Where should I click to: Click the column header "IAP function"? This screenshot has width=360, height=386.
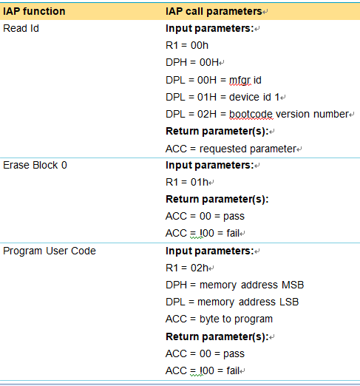click(34, 11)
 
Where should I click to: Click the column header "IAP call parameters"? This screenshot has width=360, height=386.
click(214, 11)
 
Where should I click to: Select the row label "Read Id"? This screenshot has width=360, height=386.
click(21, 28)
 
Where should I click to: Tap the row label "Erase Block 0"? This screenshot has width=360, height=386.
click(35, 165)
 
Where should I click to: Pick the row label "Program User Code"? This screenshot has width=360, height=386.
click(50, 251)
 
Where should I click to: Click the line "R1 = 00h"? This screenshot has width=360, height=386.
click(187, 45)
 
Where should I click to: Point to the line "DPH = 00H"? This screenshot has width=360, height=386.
click(192, 62)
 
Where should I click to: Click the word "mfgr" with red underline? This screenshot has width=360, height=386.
click(240, 81)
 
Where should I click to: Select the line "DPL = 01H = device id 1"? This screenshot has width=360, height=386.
click(223, 97)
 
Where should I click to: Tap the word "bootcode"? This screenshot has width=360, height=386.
click(251, 115)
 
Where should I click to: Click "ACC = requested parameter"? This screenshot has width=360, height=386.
click(231, 149)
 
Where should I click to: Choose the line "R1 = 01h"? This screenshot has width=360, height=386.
click(187, 183)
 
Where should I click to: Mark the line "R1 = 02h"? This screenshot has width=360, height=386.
click(187, 268)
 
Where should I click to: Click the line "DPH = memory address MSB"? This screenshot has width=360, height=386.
click(235, 285)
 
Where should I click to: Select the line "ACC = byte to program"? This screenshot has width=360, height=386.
click(220, 319)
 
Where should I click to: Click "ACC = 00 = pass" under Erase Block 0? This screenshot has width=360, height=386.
click(205, 217)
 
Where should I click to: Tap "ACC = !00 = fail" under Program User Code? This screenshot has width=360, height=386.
click(203, 370)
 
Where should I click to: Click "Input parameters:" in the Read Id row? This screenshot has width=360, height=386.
click(210, 29)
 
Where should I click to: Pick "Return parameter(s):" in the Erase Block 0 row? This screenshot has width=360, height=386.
click(217, 200)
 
